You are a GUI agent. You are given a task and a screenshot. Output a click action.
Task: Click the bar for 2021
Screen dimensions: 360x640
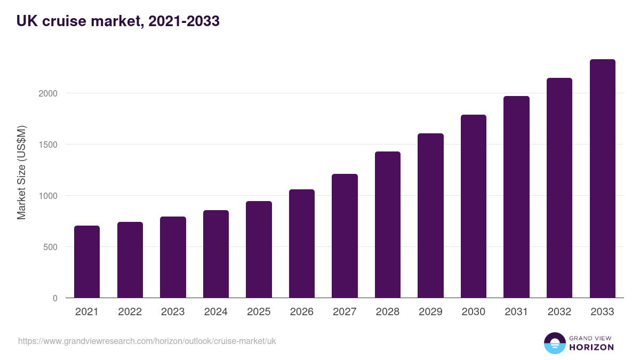[x=87, y=262]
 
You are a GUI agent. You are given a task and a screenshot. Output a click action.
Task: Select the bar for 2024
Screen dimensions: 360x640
[x=216, y=254]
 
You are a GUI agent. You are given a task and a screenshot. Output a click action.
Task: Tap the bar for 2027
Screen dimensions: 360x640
[x=345, y=236]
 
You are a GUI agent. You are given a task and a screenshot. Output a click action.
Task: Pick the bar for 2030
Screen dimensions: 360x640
[x=474, y=206]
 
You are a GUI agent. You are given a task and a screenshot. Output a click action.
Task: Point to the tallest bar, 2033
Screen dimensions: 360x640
[x=602, y=179]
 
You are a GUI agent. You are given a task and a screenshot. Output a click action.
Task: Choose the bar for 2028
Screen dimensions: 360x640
[x=388, y=225]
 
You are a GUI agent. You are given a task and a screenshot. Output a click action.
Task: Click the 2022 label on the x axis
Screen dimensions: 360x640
[x=130, y=312]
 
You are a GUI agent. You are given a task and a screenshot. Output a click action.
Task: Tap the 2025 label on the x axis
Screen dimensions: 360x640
[x=259, y=312]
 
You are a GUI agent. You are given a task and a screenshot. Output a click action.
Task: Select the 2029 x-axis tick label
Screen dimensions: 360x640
[x=430, y=312]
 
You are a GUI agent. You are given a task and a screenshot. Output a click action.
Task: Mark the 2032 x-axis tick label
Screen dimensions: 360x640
[x=559, y=312]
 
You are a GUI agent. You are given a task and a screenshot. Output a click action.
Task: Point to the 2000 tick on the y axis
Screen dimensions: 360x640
[x=47, y=93]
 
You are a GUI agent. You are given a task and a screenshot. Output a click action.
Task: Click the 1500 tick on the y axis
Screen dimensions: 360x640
[x=47, y=145]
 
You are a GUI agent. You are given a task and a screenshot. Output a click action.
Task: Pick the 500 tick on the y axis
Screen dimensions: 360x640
[x=50, y=247]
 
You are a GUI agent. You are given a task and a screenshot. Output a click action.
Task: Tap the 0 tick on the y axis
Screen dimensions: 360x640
[x=55, y=298]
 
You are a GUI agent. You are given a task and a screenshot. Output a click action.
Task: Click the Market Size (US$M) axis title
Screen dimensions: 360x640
[x=21, y=172]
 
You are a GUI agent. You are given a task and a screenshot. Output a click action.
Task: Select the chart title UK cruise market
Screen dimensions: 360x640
[x=118, y=21]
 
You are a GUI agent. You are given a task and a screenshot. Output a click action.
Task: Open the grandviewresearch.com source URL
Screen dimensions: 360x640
[x=147, y=341]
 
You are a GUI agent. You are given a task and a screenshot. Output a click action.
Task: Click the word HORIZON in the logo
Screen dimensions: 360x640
[x=591, y=347]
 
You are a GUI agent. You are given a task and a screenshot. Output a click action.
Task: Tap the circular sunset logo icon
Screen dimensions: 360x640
[x=555, y=343]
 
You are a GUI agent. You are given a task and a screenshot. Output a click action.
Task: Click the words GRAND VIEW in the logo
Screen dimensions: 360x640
[x=591, y=338]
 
